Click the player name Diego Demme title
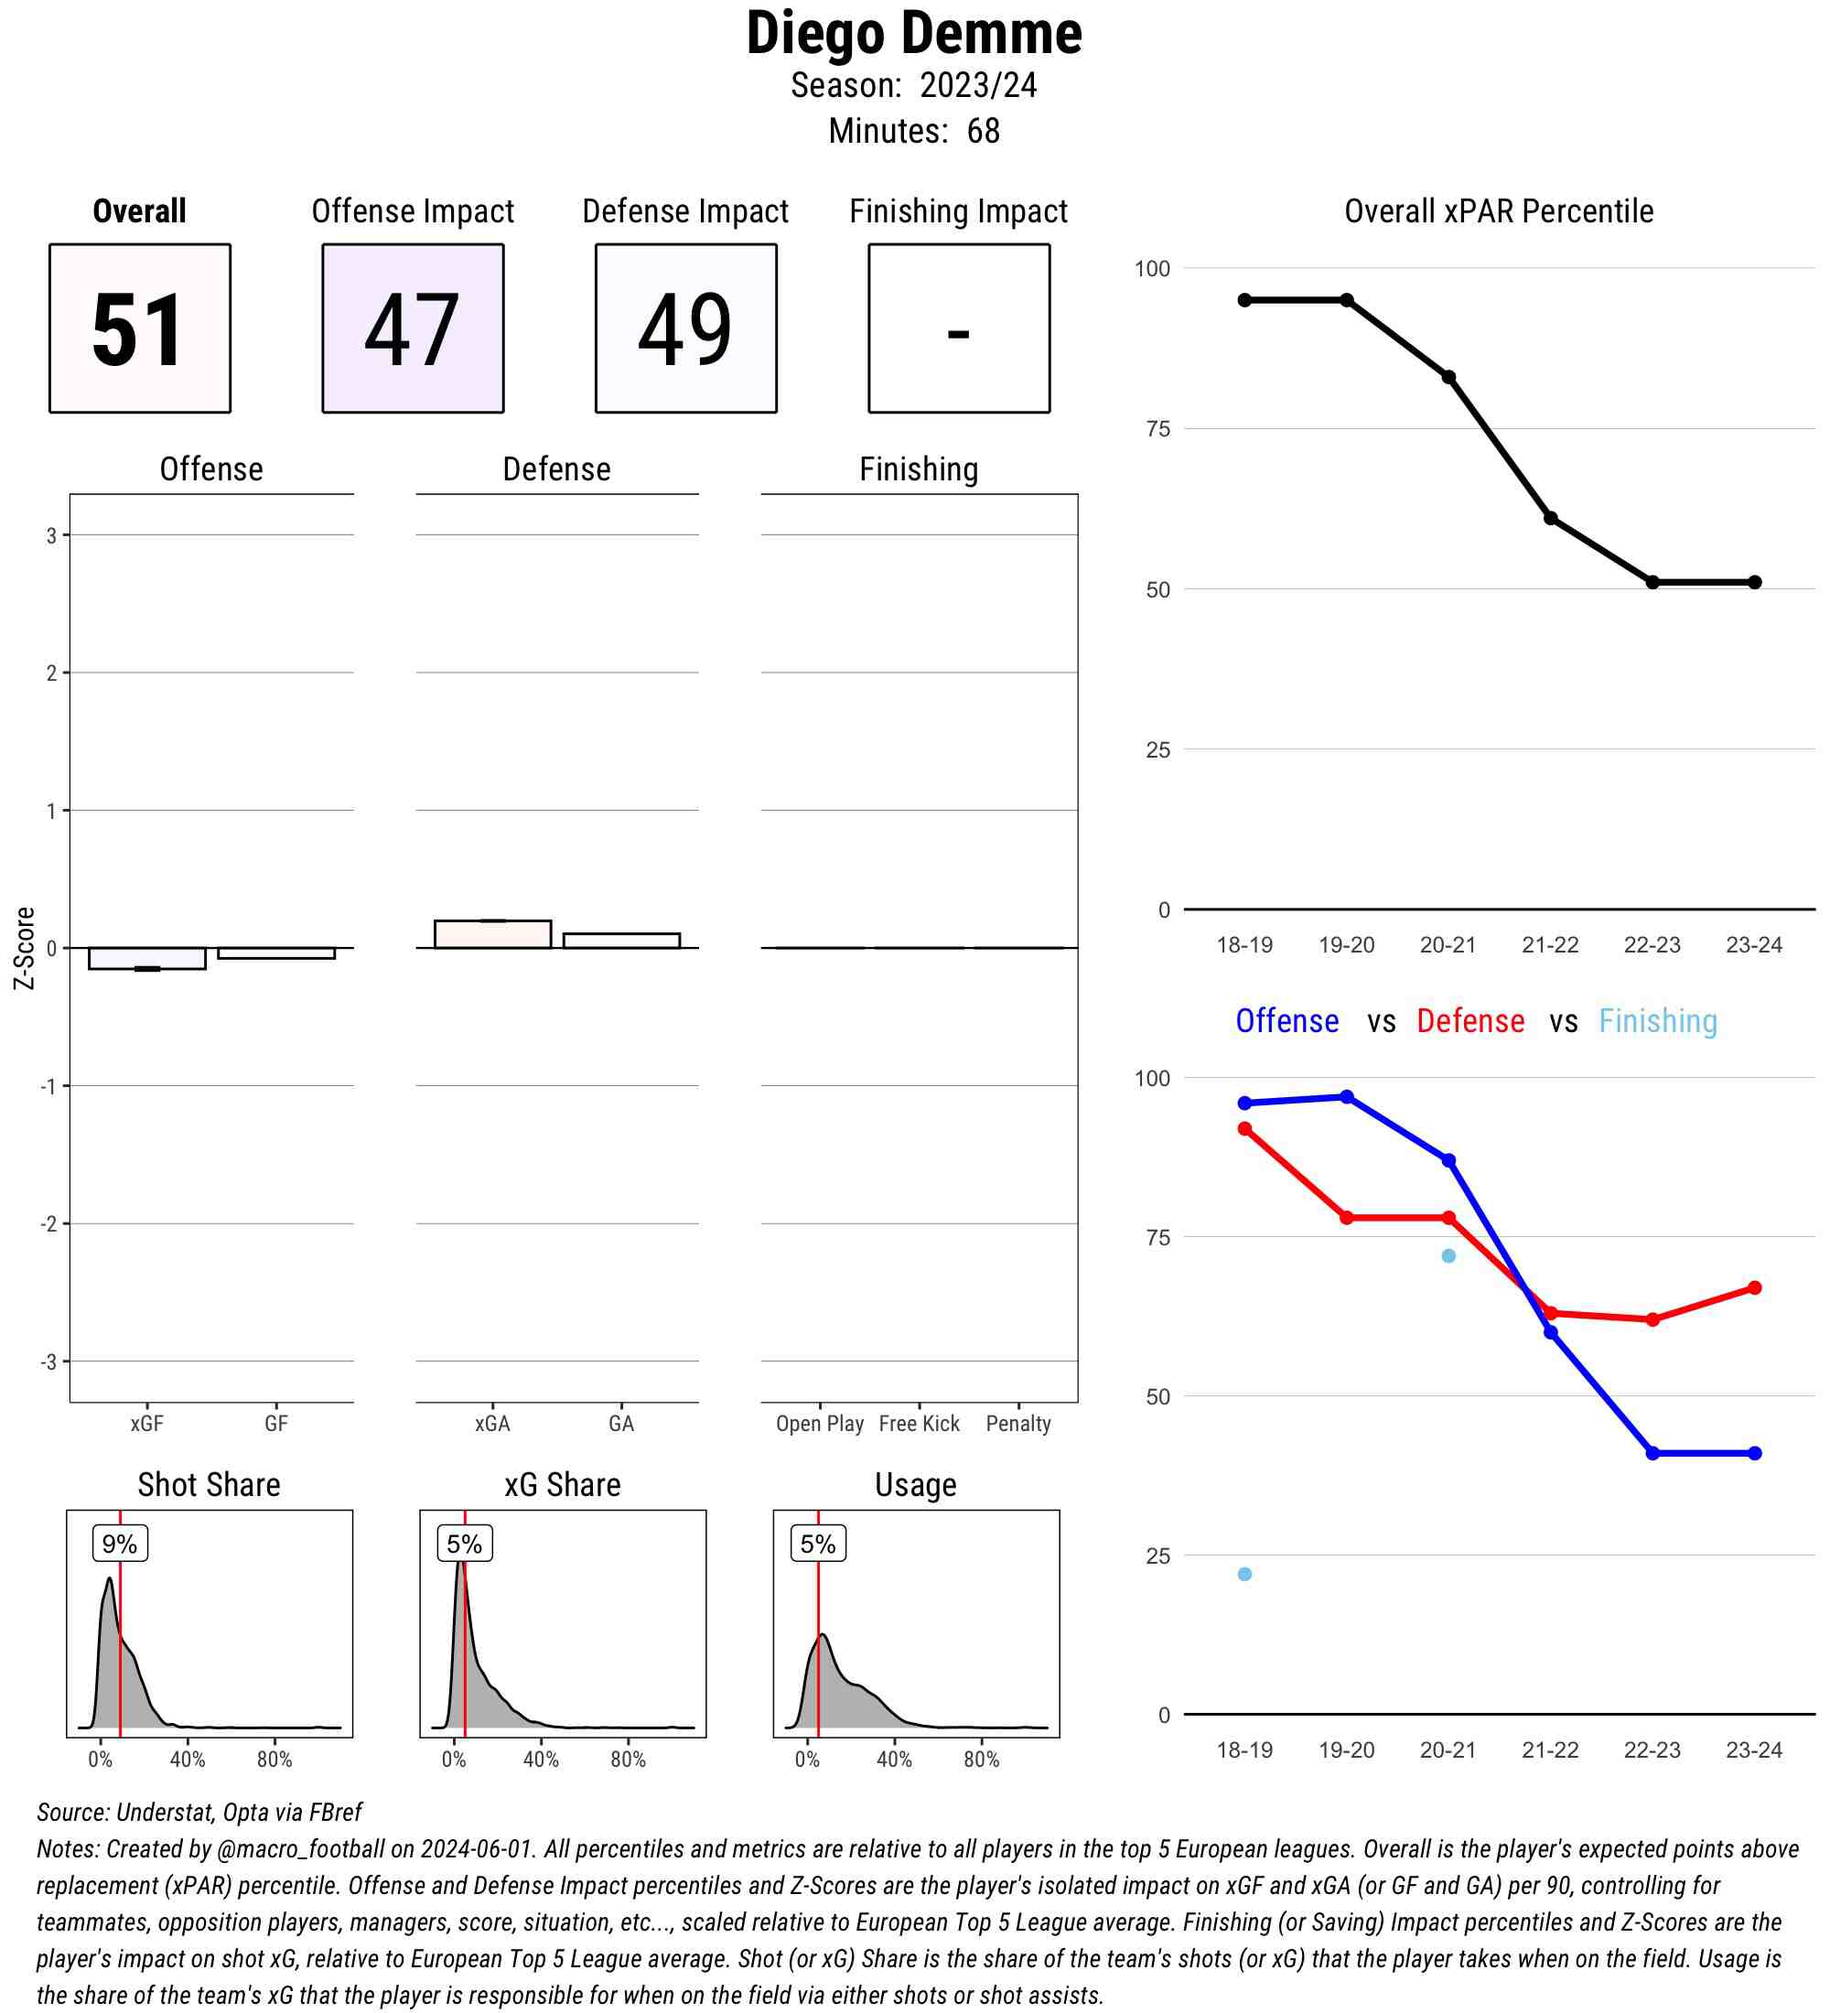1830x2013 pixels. tap(913, 34)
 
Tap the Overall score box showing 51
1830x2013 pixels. tap(140, 328)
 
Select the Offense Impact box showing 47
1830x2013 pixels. tap(413, 328)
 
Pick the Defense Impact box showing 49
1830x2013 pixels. tap(686, 328)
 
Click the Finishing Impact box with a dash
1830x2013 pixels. tap(958, 328)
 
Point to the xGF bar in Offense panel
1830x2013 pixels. tap(146, 959)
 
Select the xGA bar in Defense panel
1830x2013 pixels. tap(492, 933)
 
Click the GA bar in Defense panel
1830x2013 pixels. tap(621, 941)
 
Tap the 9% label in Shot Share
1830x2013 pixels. tap(120, 1544)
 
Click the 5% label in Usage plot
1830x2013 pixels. tap(818, 1544)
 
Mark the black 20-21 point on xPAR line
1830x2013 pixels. tap(1448, 377)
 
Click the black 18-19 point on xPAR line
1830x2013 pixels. tap(1244, 300)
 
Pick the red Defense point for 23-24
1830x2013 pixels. tap(1754, 1288)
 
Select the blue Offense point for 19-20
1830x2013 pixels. tap(1346, 1097)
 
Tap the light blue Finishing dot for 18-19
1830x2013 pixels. tap(1244, 1575)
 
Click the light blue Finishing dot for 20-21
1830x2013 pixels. tap(1448, 1256)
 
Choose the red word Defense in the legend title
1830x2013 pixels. tap(1469, 1021)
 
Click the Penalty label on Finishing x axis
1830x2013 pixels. tap(1017, 1424)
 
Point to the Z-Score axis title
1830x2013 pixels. tap(24, 948)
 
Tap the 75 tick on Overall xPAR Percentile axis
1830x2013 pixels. tap(1157, 429)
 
